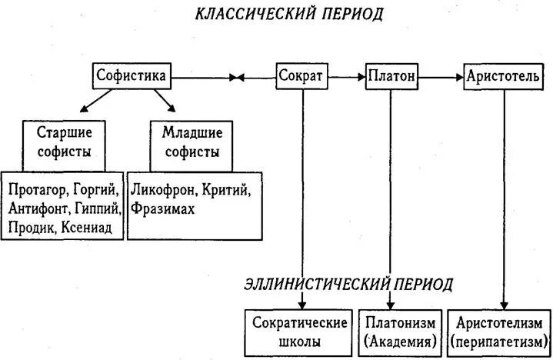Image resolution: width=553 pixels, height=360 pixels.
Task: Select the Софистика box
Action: (131, 76)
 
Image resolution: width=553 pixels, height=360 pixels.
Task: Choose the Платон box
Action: (391, 77)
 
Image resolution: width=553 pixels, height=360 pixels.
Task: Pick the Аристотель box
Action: (503, 77)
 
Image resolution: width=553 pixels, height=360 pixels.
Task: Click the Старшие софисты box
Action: (63, 142)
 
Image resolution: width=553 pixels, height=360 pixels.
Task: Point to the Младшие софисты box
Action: (187, 142)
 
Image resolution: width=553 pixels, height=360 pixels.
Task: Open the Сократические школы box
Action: (296, 332)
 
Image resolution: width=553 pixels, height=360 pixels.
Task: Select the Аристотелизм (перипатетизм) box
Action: (504, 332)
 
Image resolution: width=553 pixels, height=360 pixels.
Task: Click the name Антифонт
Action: (38, 209)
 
